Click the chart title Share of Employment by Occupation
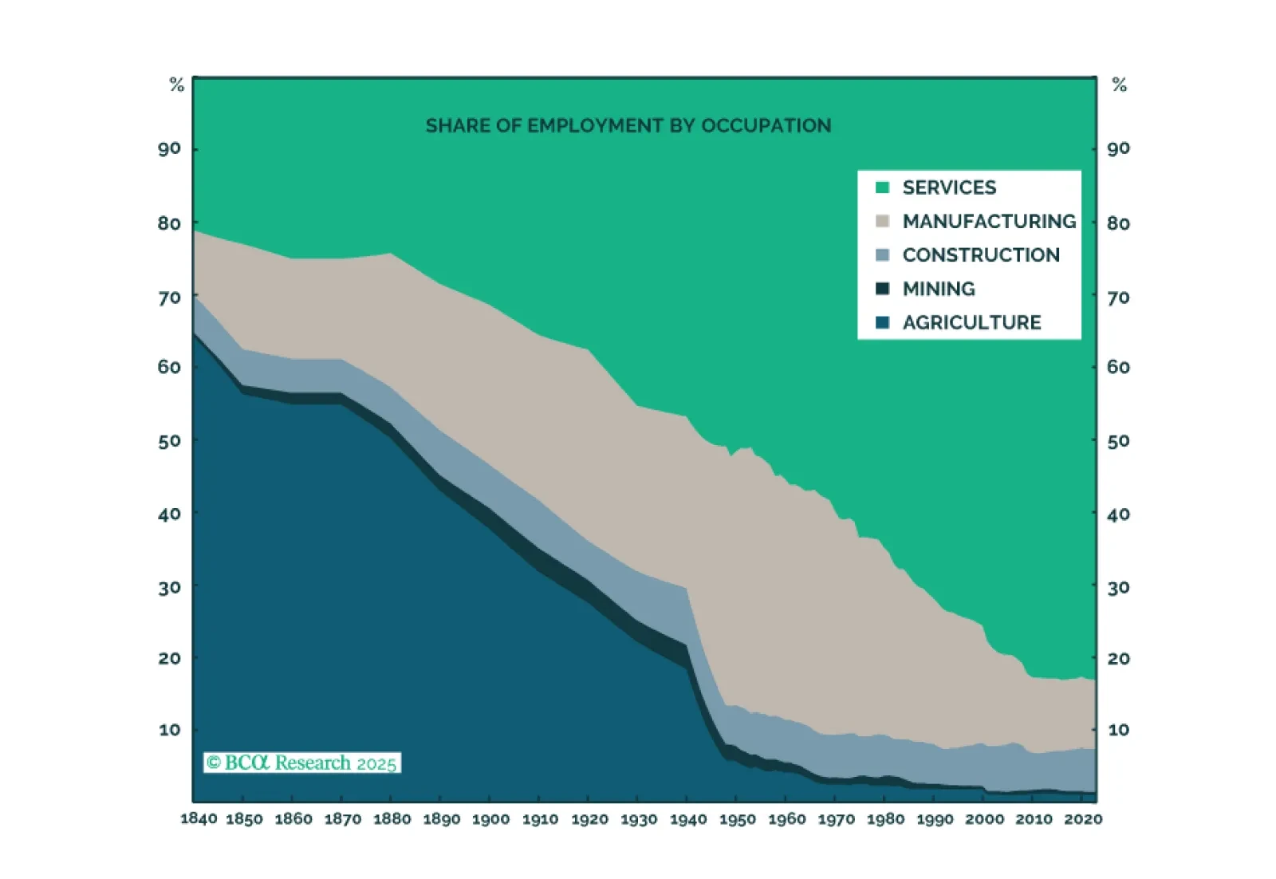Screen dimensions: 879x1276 point(628,126)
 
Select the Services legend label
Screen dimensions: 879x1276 point(949,187)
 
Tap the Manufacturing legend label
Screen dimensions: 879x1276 point(989,221)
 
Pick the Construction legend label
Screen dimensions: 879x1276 point(981,255)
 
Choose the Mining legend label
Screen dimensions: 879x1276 point(939,289)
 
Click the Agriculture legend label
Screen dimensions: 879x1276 point(971,322)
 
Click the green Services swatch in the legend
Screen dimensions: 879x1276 point(882,187)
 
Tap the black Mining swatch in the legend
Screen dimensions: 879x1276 point(882,289)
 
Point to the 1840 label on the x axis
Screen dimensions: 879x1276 point(199,819)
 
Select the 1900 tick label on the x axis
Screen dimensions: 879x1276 point(490,819)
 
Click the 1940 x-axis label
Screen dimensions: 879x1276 point(688,819)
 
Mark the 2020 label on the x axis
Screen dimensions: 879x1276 point(1083,819)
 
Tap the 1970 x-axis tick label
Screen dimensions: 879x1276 point(836,819)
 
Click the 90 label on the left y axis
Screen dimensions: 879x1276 point(169,148)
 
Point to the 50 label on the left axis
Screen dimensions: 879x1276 point(169,441)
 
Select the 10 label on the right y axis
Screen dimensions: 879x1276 point(1119,730)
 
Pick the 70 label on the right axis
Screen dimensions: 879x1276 point(1119,298)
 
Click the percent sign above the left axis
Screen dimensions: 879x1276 point(177,85)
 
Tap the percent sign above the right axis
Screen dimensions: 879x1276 point(1120,85)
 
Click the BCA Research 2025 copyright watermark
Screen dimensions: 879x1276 point(302,763)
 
